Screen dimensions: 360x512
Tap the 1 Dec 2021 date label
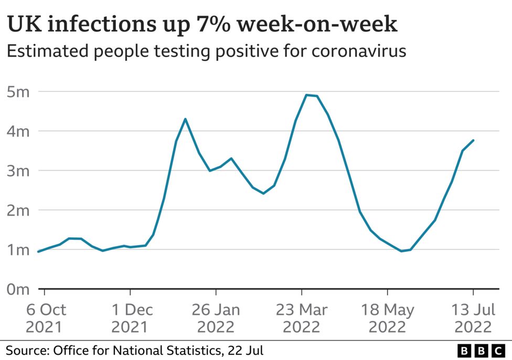point(130,318)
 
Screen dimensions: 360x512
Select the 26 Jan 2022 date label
point(216,318)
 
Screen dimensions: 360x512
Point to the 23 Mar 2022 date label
point(302,318)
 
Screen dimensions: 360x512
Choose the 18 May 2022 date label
point(387,318)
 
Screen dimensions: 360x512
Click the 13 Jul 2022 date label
point(473,318)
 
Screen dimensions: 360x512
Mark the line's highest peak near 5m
point(306,95)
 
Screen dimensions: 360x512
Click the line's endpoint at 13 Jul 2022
point(473,140)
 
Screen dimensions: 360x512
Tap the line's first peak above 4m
point(185,119)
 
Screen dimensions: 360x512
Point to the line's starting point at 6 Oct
point(38,251)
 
